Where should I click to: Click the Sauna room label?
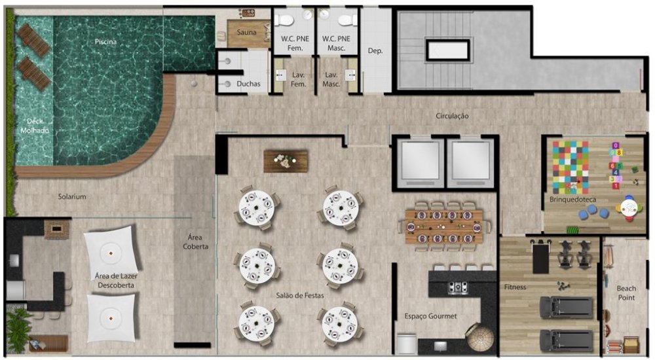(x=246, y=32)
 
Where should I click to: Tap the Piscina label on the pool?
(x=105, y=42)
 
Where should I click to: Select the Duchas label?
(x=248, y=84)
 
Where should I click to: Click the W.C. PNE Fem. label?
(x=295, y=43)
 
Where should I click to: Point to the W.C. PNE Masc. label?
(x=336, y=43)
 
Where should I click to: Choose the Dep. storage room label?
(x=375, y=51)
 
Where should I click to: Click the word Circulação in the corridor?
(x=452, y=116)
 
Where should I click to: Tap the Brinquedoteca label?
(x=572, y=200)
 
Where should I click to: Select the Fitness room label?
(x=515, y=287)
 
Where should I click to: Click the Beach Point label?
(x=626, y=293)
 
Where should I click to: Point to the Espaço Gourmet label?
(x=430, y=316)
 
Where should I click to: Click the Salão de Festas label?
(x=300, y=295)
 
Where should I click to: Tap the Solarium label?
(x=72, y=196)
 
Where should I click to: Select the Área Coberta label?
(x=195, y=242)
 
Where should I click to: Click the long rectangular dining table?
(x=444, y=226)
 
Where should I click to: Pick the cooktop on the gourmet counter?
(x=458, y=287)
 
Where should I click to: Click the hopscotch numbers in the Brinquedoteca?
(x=616, y=166)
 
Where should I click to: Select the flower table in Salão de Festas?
(x=286, y=161)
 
